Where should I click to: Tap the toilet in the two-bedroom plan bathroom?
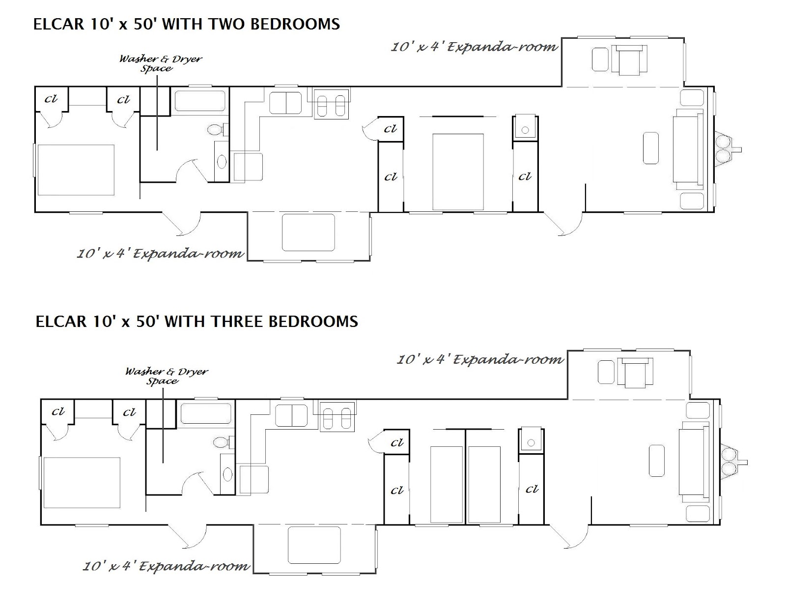[x=218, y=129]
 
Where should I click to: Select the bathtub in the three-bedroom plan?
[x=205, y=413]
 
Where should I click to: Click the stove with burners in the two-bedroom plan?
[x=331, y=104]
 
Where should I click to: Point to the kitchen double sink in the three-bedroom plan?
[x=291, y=415]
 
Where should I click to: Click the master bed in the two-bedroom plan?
[x=76, y=170]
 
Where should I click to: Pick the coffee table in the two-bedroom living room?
[x=651, y=148]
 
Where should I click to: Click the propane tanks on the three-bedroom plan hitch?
[x=728, y=462]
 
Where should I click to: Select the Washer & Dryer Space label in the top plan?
[x=160, y=63]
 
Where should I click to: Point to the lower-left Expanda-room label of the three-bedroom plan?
[x=166, y=566]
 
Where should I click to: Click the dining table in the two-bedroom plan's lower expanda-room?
[x=308, y=232]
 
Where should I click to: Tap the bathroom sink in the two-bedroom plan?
[x=222, y=162]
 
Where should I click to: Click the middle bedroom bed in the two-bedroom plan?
[x=458, y=172]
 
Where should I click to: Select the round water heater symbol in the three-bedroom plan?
[x=531, y=442]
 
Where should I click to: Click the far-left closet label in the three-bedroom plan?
[x=58, y=411]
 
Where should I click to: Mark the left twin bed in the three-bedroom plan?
[x=447, y=484]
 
